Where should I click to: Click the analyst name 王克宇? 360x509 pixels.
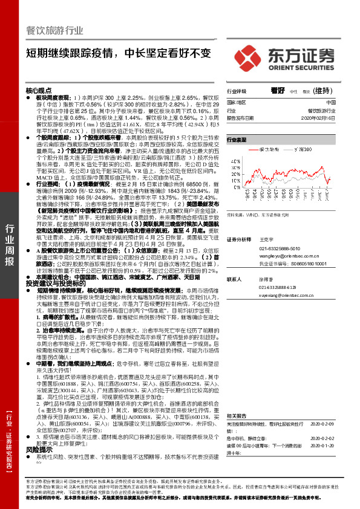click(266, 240)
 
